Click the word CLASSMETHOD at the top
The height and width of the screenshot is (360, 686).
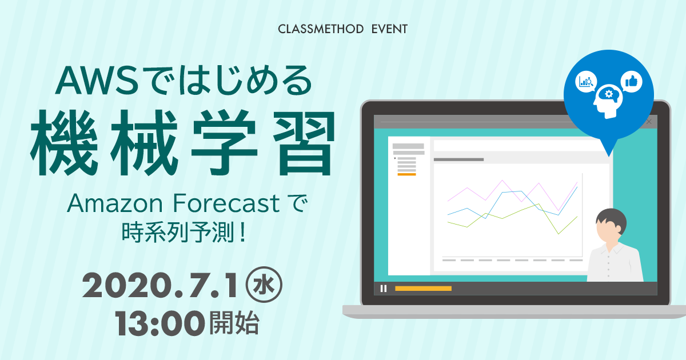321,29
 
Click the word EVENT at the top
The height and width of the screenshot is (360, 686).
389,29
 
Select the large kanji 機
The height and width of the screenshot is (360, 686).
63,143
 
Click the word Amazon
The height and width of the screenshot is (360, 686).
115,203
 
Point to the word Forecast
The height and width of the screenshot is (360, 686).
226,203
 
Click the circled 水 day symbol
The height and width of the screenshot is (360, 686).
264,285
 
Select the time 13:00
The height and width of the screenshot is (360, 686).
159,323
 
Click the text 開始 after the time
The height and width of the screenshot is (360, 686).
234,323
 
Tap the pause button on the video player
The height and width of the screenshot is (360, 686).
384,289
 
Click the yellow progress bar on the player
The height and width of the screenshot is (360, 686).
423,289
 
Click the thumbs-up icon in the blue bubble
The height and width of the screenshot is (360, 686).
632,82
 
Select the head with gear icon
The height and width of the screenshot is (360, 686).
608,101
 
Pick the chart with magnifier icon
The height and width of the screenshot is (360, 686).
586,82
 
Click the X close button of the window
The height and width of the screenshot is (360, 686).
649,122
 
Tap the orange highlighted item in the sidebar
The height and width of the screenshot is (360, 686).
406,174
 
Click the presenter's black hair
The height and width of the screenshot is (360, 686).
612,219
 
